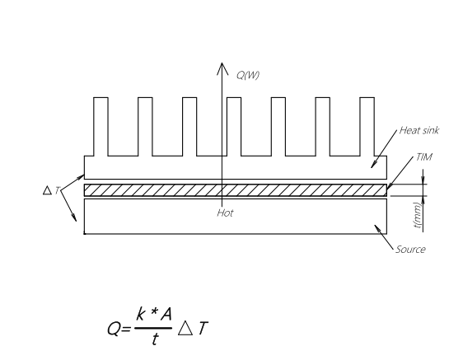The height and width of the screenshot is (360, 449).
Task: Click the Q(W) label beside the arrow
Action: pyautogui.click(x=248, y=75)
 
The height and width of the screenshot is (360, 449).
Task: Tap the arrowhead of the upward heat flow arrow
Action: pyautogui.click(x=222, y=68)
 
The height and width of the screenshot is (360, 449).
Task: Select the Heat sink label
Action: pyautogui.click(x=419, y=130)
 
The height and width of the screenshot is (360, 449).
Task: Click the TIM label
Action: pyautogui.click(x=424, y=157)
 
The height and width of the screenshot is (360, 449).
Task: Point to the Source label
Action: pyautogui.click(x=410, y=250)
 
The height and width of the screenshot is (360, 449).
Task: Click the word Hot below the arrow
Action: pyautogui.click(x=225, y=213)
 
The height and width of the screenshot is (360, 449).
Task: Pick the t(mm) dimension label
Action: pyautogui.click(x=418, y=215)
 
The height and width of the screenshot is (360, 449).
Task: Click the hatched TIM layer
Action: pyautogui.click(x=236, y=190)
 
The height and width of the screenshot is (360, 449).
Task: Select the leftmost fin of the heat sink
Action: pyautogui.click(x=101, y=127)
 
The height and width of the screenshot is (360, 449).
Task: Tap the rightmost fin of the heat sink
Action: pyautogui.click(x=367, y=127)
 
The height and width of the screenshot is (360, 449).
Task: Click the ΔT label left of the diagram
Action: pyautogui.click(x=52, y=190)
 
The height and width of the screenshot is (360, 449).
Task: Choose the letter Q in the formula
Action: pyautogui.click(x=114, y=329)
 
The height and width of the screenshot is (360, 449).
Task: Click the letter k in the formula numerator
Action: pyautogui.click(x=140, y=314)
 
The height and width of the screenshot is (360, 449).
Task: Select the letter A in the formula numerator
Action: pyautogui.click(x=166, y=314)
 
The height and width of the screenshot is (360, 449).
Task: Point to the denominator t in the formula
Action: pyautogui.click(x=155, y=339)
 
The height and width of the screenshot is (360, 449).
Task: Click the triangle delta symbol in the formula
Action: pyautogui.click(x=185, y=328)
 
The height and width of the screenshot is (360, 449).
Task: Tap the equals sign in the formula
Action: pyautogui.click(x=126, y=330)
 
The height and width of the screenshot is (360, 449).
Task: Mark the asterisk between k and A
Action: pyautogui.click(x=154, y=311)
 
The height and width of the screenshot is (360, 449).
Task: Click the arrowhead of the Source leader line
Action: pyautogui.click(x=377, y=228)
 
